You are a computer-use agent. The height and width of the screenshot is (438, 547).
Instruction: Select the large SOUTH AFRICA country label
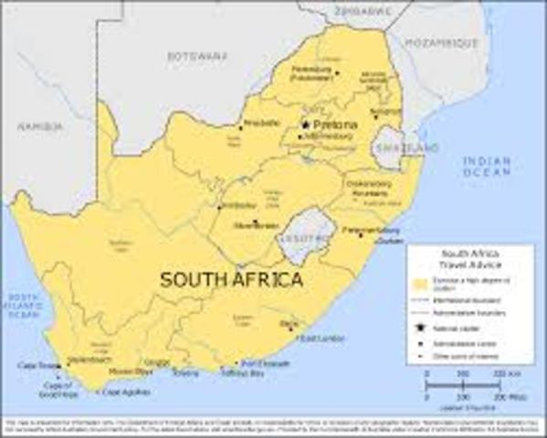click(231, 280)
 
